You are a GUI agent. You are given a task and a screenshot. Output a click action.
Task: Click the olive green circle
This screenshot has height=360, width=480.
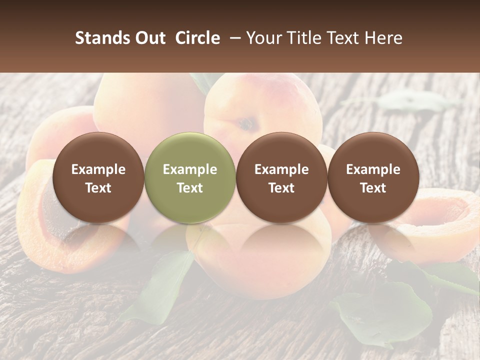coord(190,177)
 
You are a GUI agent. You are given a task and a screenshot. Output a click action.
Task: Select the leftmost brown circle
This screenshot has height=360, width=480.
coord(98,177)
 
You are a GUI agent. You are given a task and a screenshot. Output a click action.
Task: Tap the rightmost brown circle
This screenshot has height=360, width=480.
coord(373,177)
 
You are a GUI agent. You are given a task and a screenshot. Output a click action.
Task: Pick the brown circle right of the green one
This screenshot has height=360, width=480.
coord(281,177)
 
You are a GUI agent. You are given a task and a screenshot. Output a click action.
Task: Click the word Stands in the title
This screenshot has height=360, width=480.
coord(99,38)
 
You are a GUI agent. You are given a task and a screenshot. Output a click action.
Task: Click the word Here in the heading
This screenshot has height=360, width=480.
coord(384,38)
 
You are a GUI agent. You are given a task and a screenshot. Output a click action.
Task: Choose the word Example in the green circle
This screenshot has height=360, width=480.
coord(190,169)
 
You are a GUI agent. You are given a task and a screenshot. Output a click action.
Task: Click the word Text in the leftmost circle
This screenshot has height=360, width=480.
coord(98,188)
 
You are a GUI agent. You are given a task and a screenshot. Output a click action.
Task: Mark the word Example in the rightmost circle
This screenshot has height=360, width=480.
coord(373,169)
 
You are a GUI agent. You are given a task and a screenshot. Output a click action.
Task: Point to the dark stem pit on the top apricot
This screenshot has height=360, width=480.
coord(244,124)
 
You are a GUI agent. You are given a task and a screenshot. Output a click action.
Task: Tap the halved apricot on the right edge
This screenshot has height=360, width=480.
coord(440,220)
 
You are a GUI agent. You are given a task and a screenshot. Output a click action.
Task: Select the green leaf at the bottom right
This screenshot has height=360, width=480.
coord(385,310)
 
